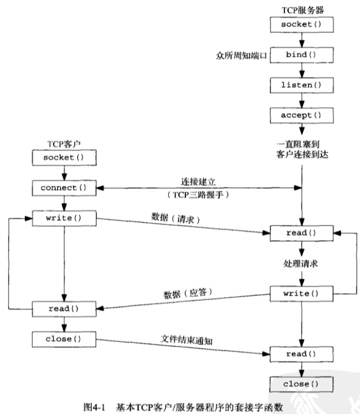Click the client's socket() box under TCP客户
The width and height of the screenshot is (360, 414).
tap(64, 158)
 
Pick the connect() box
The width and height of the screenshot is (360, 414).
tap(64, 188)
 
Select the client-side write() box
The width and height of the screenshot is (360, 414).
tap(64, 218)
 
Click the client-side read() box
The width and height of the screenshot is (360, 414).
tap(64, 308)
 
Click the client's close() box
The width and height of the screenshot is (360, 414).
tap(64, 338)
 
